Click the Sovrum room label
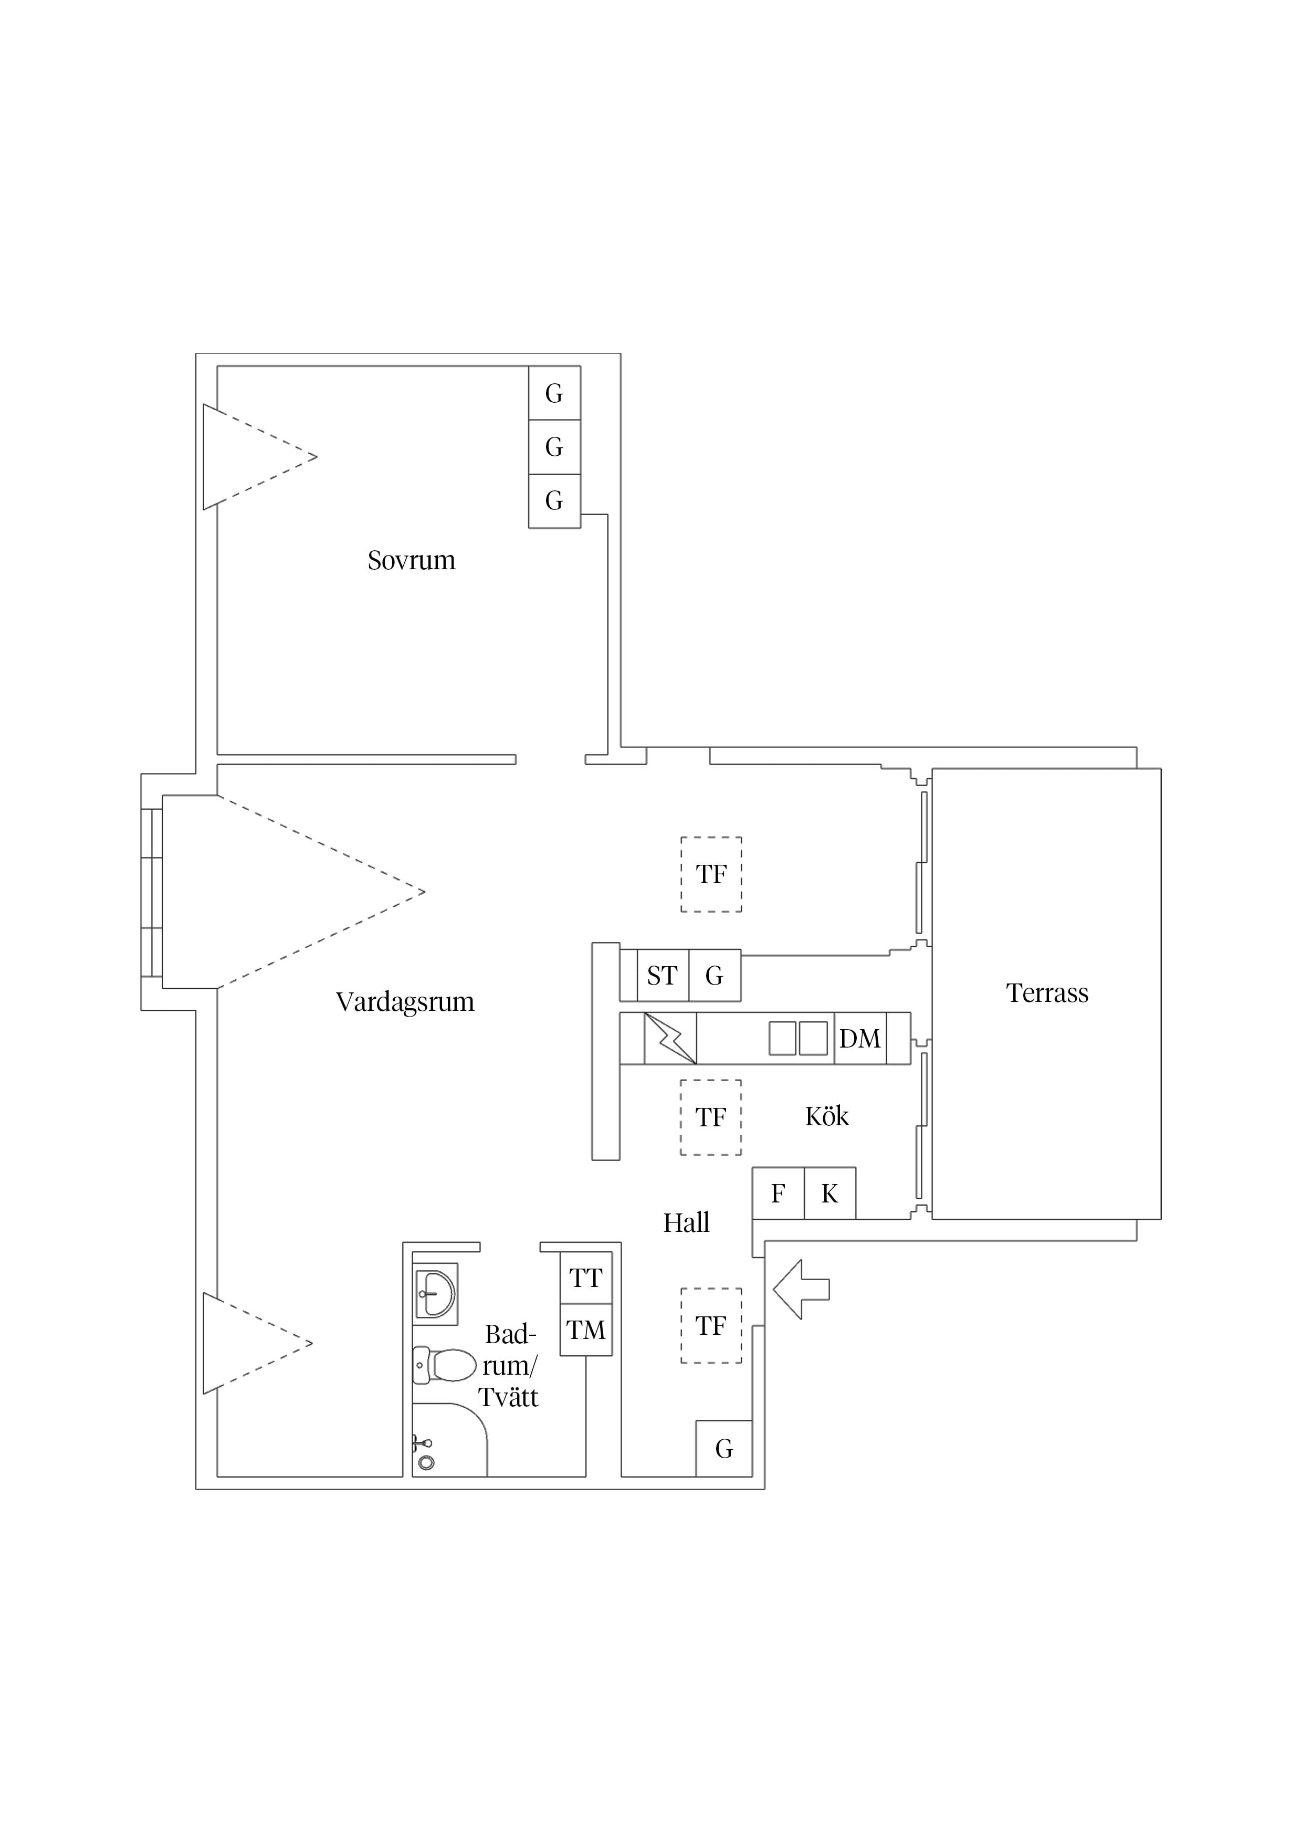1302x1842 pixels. point(412,560)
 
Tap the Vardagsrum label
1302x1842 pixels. point(405,1002)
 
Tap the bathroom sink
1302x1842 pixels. point(436,1294)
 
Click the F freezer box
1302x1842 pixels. point(778,1193)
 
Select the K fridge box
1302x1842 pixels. point(829,1193)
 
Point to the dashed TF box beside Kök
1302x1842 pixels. point(711,1117)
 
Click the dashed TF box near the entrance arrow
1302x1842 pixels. point(711,1326)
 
